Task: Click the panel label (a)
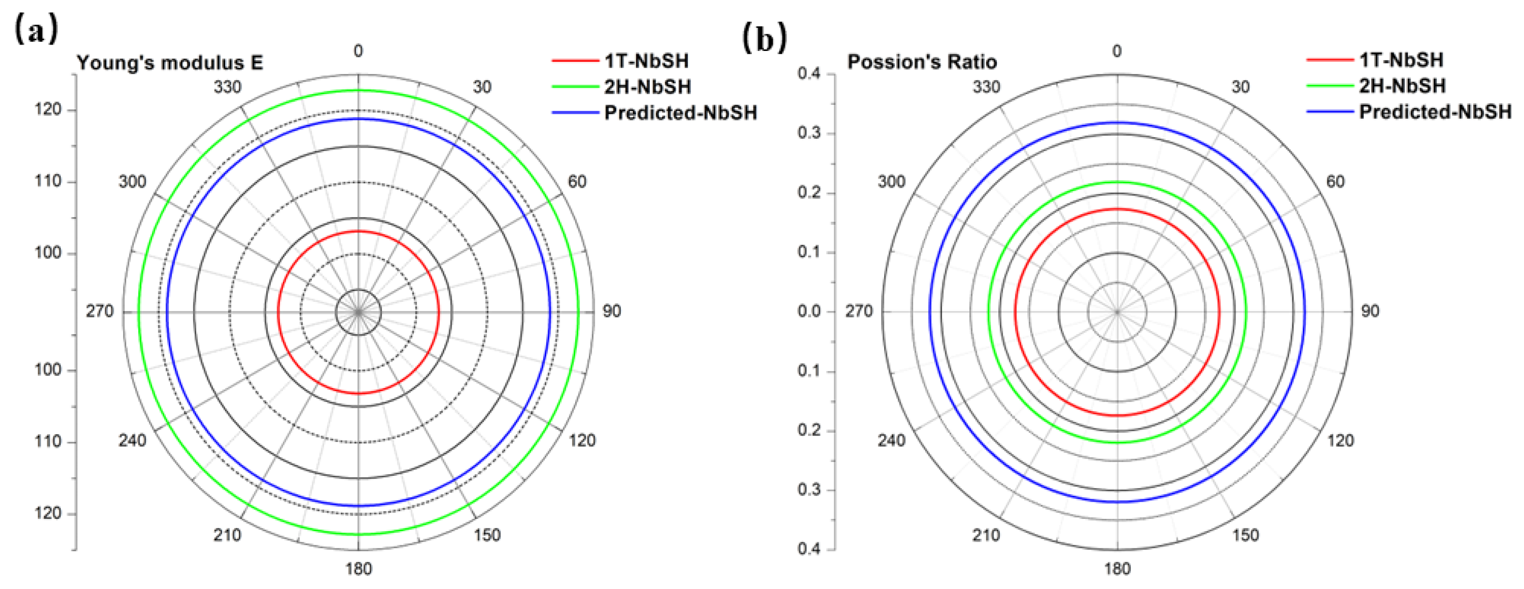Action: tap(35, 29)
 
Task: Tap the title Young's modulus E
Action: tap(170, 63)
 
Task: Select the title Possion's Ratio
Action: tap(922, 62)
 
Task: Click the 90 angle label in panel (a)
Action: tap(612, 312)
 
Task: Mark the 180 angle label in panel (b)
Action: tap(1117, 569)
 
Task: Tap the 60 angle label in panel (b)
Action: tap(1335, 181)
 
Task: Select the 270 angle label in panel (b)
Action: tap(859, 312)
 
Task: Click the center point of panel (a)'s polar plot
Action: tap(358, 312)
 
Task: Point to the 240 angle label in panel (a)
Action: tap(132, 441)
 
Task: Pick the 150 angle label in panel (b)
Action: tap(1245, 535)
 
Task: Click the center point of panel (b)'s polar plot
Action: tap(1117, 312)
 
